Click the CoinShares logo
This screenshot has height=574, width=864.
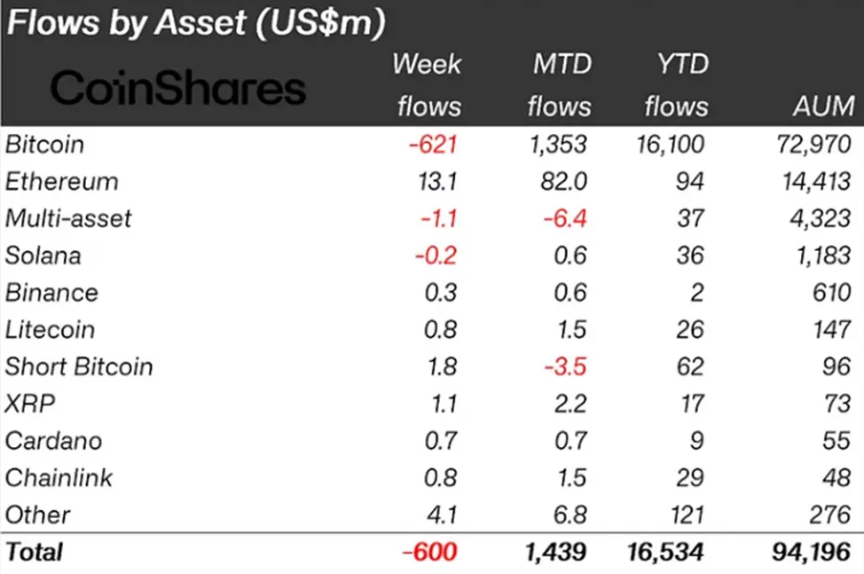tap(177, 89)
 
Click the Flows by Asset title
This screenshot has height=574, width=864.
tap(196, 24)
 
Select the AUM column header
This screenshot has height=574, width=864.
tap(823, 107)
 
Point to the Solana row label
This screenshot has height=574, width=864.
tap(43, 256)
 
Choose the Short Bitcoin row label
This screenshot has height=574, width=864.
tap(79, 366)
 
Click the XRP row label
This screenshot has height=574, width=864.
tap(30, 404)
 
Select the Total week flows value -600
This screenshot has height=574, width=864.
tap(429, 552)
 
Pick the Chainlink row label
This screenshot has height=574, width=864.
tap(59, 478)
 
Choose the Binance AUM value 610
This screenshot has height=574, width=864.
tap(829, 293)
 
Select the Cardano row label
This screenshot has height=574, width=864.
tap(53, 441)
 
